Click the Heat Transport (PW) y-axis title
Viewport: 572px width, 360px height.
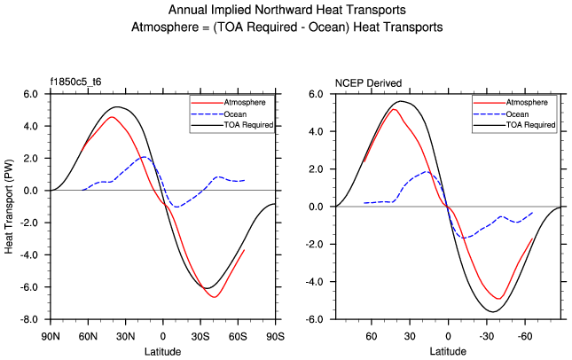[x=10, y=206]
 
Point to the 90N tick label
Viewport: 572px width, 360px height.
[x=51, y=337]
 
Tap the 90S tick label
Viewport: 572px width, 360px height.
[x=275, y=337]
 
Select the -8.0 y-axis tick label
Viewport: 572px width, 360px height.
[x=29, y=319]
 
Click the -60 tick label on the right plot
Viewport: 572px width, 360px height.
[x=525, y=337]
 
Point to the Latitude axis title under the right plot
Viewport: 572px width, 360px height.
[x=448, y=352]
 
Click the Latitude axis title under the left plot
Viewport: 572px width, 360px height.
[x=162, y=352]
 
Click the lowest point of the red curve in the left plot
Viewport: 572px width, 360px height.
[x=215, y=296]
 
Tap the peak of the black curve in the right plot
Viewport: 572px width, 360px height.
[x=401, y=101]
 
